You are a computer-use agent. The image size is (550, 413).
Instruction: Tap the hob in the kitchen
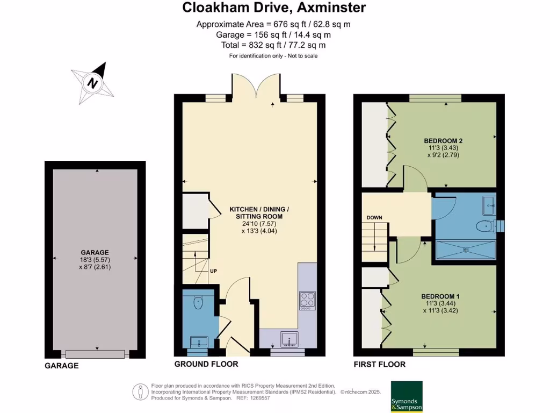pyautogui.click(x=308, y=299)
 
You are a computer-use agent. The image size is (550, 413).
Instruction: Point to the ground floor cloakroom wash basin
pyautogui.click(x=198, y=341)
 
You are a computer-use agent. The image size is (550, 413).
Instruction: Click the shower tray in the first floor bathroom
pyautogui.click(x=465, y=250)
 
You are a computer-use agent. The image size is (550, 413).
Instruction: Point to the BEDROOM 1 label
pyautogui.click(x=440, y=296)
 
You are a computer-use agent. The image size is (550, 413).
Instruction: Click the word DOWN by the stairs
pyautogui.click(x=374, y=218)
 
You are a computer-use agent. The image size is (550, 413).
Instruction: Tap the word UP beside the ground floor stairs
pyautogui.click(x=213, y=271)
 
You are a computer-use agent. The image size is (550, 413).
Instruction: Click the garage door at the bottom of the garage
pyautogui.click(x=96, y=354)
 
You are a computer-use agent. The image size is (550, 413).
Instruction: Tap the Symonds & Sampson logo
pyautogui.click(x=406, y=397)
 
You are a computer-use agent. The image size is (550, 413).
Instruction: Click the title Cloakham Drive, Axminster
pyautogui.click(x=274, y=8)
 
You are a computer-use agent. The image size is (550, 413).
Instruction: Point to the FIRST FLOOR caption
pyautogui.click(x=379, y=365)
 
